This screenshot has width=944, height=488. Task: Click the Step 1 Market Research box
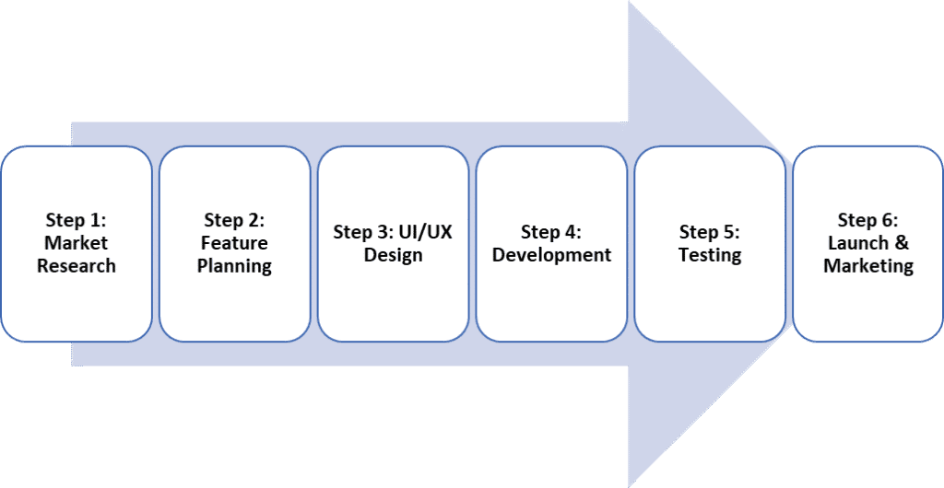(x=77, y=244)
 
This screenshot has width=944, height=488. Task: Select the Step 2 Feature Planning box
(x=235, y=244)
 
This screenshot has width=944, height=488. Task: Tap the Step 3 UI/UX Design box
(x=394, y=244)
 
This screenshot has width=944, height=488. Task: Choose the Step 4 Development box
(x=551, y=244)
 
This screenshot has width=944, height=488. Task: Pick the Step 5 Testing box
(x=710, y=244)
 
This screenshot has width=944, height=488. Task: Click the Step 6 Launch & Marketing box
(x=868, y=244)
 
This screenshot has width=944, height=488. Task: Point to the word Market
(x=77, y=243)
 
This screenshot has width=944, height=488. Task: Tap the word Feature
(x=235, y=243)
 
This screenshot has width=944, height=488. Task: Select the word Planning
(x=235, y=266)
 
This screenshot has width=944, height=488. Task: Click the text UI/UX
(x=423, y=231)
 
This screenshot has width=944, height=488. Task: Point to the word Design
(x=393, y=254)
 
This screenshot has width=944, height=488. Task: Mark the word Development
(x=551, y=254)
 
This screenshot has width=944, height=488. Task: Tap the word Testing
(x=710, y=254)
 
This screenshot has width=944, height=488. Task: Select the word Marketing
(x=868, y=266)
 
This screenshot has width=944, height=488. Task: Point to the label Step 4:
(x=551, y=231)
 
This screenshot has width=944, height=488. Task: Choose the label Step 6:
(x=868, y=220)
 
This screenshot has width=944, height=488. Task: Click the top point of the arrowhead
(x=630, y=4)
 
